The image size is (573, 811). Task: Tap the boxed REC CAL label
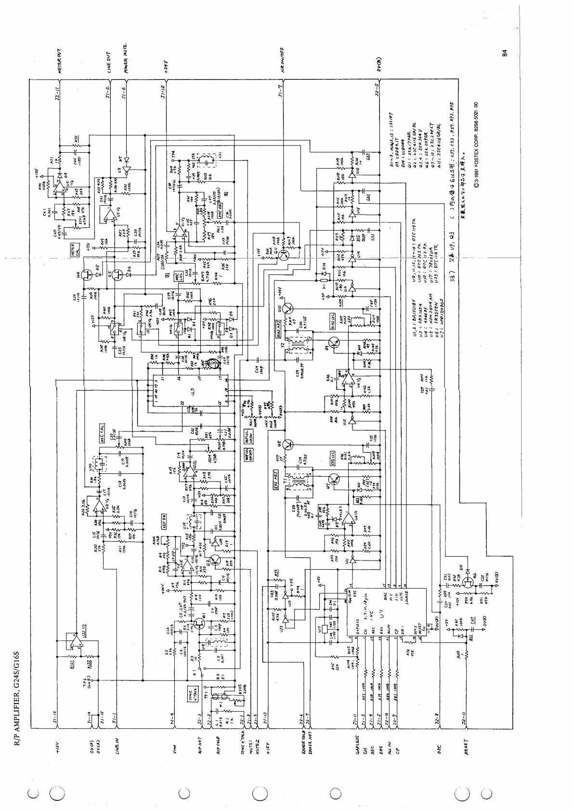pos(102,432)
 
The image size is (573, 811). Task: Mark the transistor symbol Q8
pos(288,444)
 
